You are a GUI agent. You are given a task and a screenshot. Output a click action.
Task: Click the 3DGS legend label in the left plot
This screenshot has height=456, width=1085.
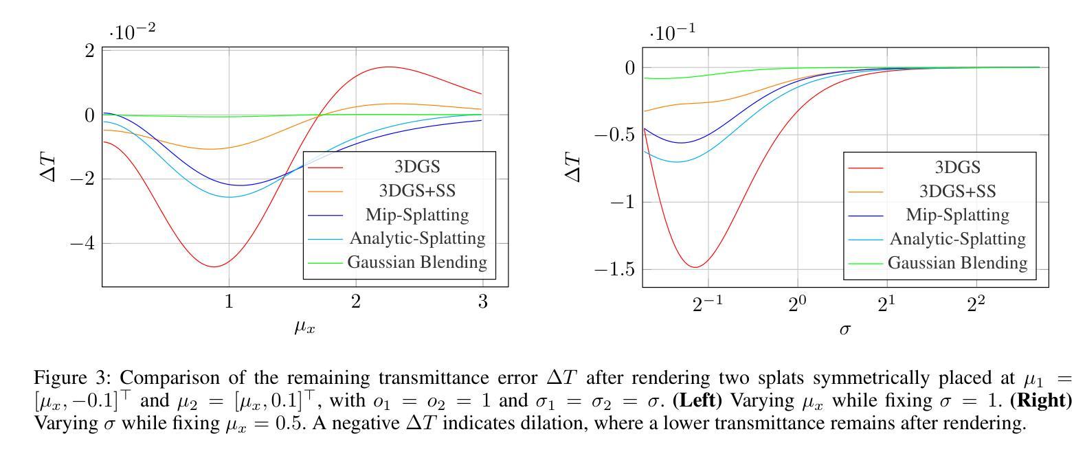(x=416, y=166)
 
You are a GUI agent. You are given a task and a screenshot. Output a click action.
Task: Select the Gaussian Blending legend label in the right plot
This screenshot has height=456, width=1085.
(x=957, y=262)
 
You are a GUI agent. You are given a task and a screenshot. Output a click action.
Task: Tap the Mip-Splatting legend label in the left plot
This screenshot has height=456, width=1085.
(x=417, y=214)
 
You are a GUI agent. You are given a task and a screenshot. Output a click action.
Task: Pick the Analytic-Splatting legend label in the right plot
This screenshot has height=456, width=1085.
(x=957, y=238)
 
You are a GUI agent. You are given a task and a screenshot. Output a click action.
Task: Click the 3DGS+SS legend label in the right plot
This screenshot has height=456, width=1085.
(x=957, y=191)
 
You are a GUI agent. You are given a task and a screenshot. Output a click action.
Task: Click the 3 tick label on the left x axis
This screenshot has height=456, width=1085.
(x=483, y=301)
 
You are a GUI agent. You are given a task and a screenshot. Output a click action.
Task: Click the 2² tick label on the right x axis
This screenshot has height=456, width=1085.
(x=976, y=302)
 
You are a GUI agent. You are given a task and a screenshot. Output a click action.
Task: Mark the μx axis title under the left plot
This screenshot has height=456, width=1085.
(x=305, y=327)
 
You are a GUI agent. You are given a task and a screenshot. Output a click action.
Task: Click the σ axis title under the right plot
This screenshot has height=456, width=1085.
(x=845, y=328)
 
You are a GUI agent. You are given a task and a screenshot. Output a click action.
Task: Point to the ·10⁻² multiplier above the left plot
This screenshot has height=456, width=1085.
(x=132, y=32)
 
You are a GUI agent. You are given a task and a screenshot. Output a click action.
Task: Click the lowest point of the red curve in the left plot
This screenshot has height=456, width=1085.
(x=214, y=266)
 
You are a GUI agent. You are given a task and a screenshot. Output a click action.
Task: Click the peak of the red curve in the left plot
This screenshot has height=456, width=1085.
(x=388, y=67)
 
